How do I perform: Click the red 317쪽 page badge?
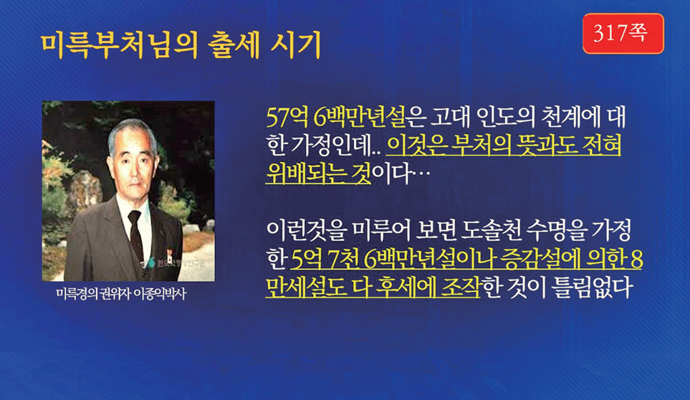623,34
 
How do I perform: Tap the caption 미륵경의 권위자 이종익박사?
121,294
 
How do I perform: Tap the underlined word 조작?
460,287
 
